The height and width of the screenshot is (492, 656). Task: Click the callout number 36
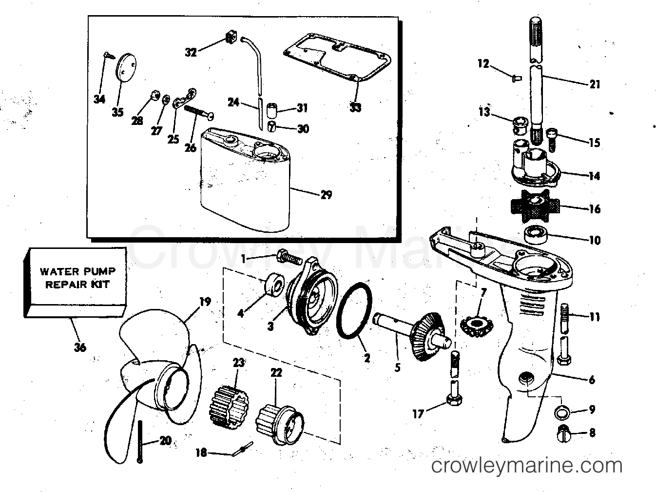(x=80, y=348)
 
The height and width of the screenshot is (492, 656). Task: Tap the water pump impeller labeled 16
(x=536, y=205)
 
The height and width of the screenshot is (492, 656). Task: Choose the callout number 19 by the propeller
(x=205, y=301)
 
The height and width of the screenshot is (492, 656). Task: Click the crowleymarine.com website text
(x=526, y=466)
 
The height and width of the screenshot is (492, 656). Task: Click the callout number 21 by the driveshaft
(x=595, y=84)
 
